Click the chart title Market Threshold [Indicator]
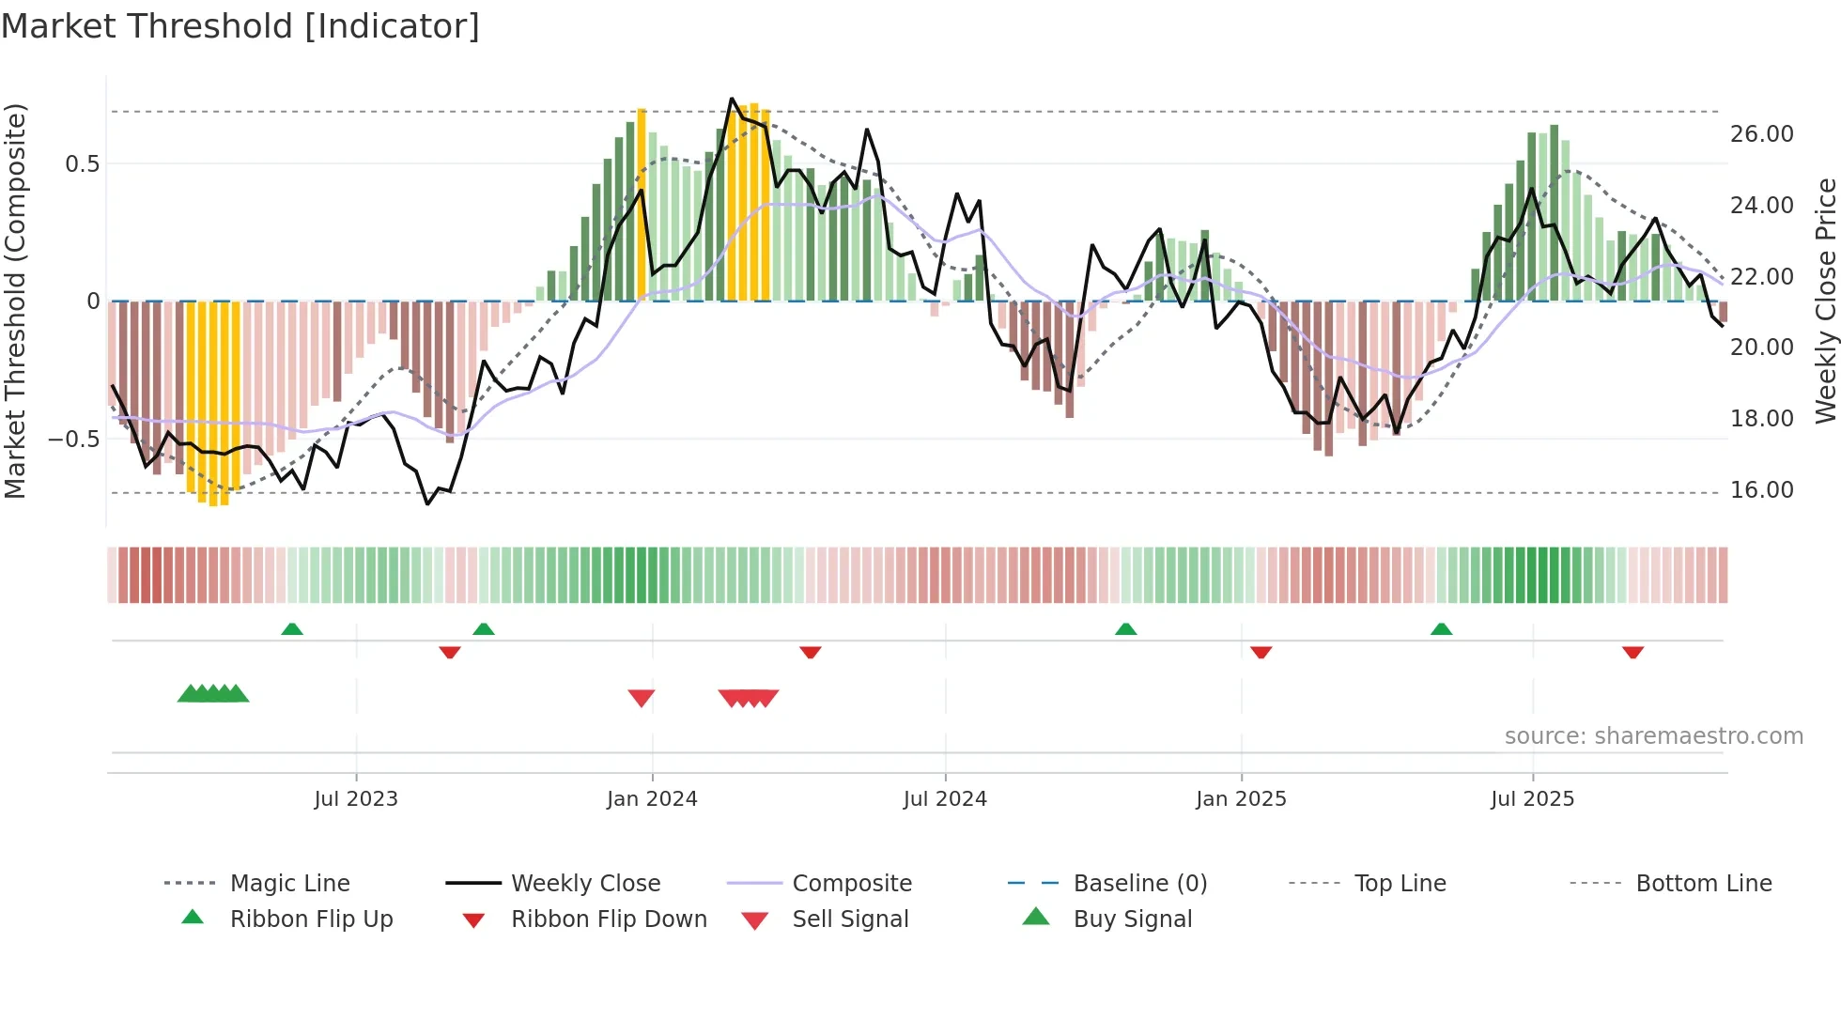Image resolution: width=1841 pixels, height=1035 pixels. [240, 26]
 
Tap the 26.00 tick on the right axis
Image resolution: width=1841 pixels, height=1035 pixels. [1761, 134]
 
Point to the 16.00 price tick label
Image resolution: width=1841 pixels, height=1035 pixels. [1761, 490]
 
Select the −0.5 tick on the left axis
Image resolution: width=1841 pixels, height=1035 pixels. [73, 440]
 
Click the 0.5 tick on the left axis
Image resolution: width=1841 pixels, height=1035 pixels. [82, 164]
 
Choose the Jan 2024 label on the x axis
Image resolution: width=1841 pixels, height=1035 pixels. [652, 799]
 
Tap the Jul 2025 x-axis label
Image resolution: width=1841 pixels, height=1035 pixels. [1532, 799]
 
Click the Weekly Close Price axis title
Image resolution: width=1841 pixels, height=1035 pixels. [1825, 301]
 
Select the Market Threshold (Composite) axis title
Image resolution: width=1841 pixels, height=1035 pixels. [15, 301]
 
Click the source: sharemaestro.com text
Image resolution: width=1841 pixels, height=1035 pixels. [1653, 736]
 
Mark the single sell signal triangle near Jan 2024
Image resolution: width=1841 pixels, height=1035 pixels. [642, 698]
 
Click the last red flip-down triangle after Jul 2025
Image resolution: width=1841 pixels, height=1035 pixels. [1632, 652]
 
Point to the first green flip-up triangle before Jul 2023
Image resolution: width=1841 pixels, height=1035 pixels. [292, 629]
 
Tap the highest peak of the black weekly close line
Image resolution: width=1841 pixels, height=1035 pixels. [732, 99]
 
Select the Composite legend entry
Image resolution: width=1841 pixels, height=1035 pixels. [851, 884]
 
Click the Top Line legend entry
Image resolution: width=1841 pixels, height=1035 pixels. [1400, 884]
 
